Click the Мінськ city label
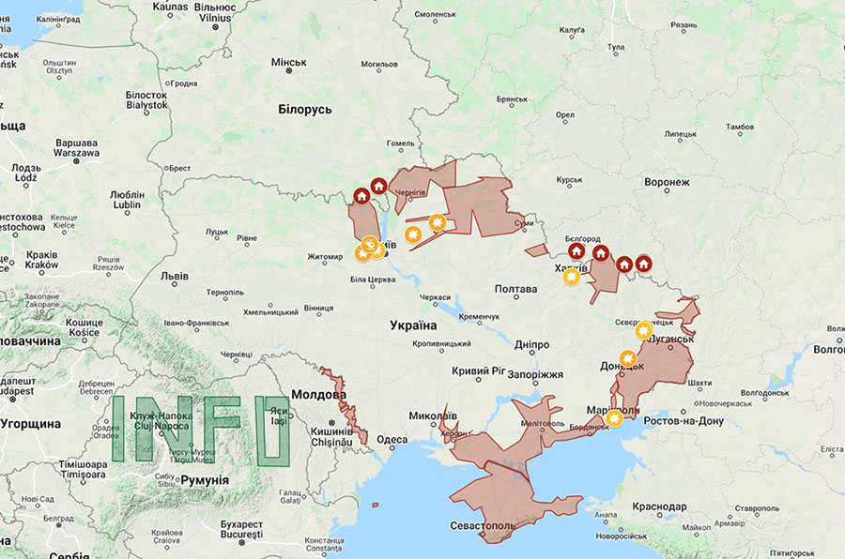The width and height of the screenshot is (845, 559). pyautogui.click(x=289, y=63)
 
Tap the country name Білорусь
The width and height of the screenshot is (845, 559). pyautogui.click(x=305, y=110)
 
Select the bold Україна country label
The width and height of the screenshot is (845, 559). pyautogui.click(x=413, y=325)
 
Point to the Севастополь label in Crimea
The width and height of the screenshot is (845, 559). pyautogui.click(x=482, y=526)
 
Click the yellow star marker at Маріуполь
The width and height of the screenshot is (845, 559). pyautogui.click(x=614, y=418)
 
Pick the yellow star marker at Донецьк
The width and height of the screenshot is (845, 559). pyautogui.click(x=627, y=358)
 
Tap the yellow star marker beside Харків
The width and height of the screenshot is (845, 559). pyautogui.click(x=571, y=277)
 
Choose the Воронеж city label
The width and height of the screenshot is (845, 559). pyautogui.click(x=667, y=182)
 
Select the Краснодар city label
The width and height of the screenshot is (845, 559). pyautogui.click(x=659, y=506)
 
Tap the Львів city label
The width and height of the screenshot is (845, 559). pyautogui.click(x=174, y=277)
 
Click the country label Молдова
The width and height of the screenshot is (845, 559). pyautogui.click(x=318, y=395)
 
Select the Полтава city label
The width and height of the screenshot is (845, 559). pyautogui.click(x=515, y=290)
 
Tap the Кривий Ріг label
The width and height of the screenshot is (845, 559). pyautogui.click(x=478, y=371)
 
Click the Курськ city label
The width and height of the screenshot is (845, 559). pyautogui.click(x=569, y=180)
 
